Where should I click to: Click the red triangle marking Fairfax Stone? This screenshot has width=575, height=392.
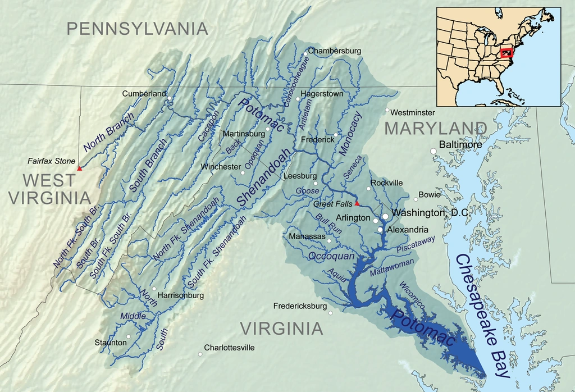(x=79, y=168)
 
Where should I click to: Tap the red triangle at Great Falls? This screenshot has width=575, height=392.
(x=357, y=203)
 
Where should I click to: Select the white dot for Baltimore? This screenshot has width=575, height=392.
(x=433, y=151)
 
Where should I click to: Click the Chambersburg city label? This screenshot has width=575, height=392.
(x=335, y=51)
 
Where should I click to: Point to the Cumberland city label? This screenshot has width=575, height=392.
(x=144, y=93)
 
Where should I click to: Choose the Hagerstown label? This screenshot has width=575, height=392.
(x=322, y=94)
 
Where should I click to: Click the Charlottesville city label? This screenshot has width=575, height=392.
(x=229, y=348)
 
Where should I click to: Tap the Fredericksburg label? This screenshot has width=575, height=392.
(x=300, y=306)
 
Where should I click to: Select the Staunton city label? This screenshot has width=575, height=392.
(x=111, y=342)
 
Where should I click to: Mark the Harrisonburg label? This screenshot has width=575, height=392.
(x=181, y=295)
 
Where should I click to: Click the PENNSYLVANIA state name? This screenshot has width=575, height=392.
(x=138, y=29)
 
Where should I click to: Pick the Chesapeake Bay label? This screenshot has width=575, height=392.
(x=484, y=320)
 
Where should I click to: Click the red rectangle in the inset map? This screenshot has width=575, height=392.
(x=507, y=53)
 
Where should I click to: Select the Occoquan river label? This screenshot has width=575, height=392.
(x=331, y=256)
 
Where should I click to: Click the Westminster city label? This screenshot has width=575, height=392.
(x=413, y=112)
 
